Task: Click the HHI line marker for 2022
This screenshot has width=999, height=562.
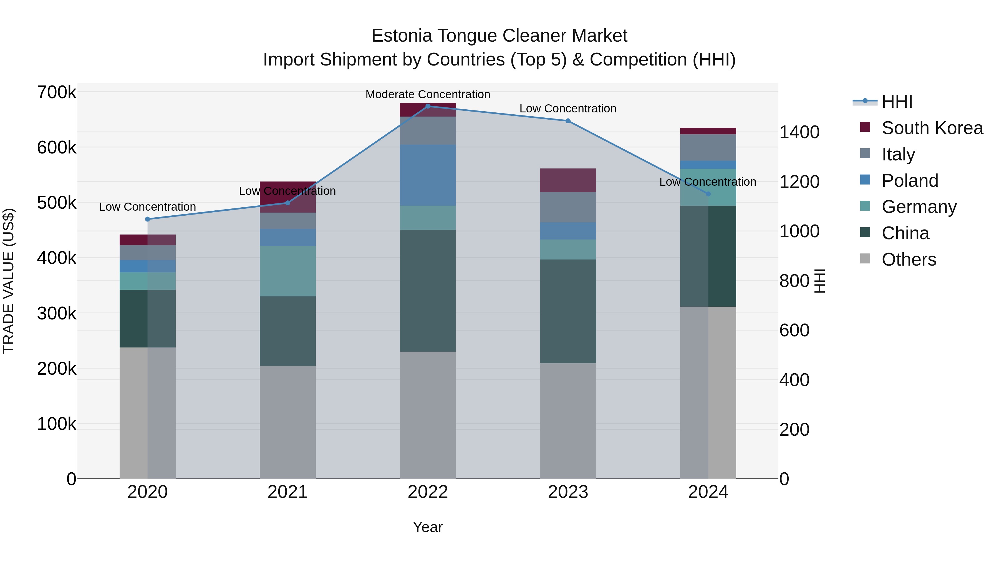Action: tap(428, 106)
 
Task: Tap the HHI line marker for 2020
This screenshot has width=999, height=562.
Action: tap(147, 219)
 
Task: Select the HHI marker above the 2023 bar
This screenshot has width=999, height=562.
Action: tap(568, 121)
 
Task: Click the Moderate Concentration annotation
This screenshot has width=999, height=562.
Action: tap(428, 94)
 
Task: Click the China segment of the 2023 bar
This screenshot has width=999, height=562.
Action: tap(568, 311)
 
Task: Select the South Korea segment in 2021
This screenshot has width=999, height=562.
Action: tap(287, 197)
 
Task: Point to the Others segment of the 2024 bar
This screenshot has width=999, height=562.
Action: tap(708, 392)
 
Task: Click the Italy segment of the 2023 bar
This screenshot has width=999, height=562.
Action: tap(568, 207)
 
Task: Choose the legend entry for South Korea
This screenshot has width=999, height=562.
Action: tap(932, 128)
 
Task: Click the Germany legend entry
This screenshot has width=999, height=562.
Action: tap(919, 207)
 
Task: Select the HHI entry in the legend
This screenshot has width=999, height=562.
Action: tap(897, 102)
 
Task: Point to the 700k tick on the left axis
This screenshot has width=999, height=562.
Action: tap(57, 93)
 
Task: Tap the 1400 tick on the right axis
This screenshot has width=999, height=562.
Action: tap(799, 132)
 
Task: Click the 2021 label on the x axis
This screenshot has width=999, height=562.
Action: tap(287, 492)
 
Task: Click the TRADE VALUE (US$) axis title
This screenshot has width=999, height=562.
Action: tap(9, 281)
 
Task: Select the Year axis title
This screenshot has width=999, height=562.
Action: tap(428, 527)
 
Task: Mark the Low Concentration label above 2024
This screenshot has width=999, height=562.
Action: tap(707, 182)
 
